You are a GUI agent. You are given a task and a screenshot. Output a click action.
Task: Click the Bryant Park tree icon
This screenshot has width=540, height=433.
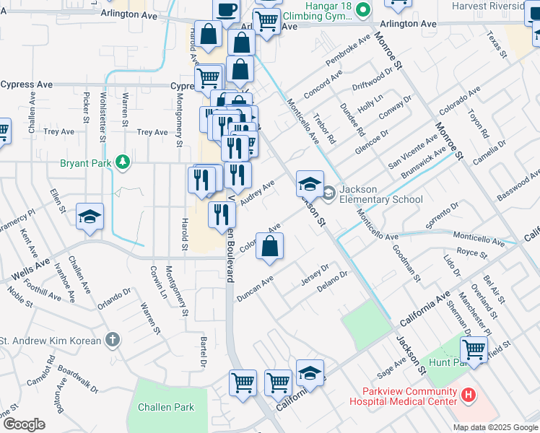tap(123, 162)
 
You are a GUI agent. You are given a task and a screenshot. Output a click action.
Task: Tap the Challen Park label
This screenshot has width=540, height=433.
tap(167, 407)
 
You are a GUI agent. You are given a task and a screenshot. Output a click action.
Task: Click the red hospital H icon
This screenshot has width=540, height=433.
tap(469, 395)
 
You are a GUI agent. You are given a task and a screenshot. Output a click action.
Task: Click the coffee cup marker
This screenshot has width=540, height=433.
tap(226, 9)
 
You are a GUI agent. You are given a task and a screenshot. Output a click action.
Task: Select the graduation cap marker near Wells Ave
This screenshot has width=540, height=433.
tap(90, 217)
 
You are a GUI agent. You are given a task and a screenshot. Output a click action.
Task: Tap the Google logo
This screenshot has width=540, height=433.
tap(24, 424)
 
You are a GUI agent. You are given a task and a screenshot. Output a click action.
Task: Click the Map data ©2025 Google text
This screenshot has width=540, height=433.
tap(495, 427)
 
